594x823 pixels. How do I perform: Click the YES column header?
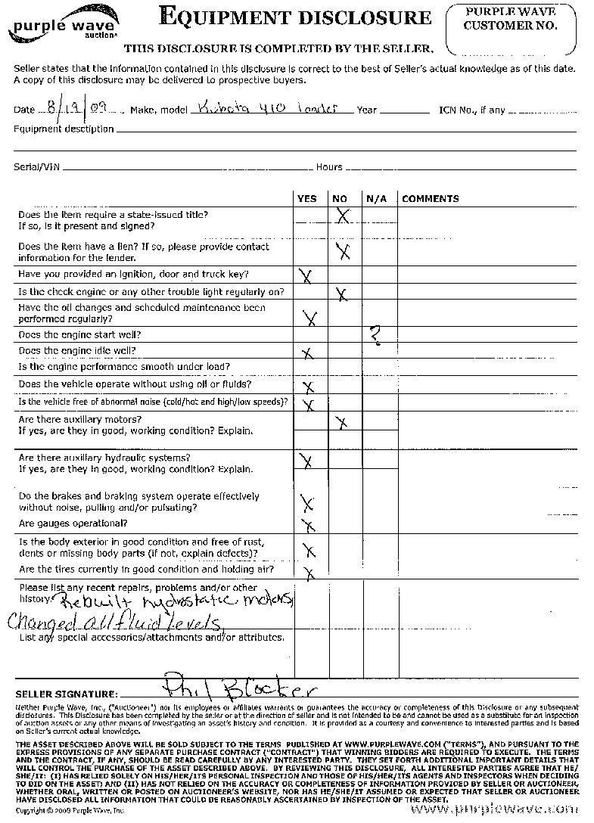[x=307, y=199]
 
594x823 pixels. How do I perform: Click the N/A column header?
[x=376, y=199]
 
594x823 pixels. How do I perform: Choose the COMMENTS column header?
[x=430, y=199]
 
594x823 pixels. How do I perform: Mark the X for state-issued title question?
[x=343, y=216]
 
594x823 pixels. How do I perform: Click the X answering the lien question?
[x=343, y=251]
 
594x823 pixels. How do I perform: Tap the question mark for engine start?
[x=375, y=335]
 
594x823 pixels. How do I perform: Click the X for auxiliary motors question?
[x=342, y=424]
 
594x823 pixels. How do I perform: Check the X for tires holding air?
[x=309, y=572]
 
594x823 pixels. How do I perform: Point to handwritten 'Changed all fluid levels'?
[x=114, y=623]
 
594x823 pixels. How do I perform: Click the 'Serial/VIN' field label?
[x=36, y=167]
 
